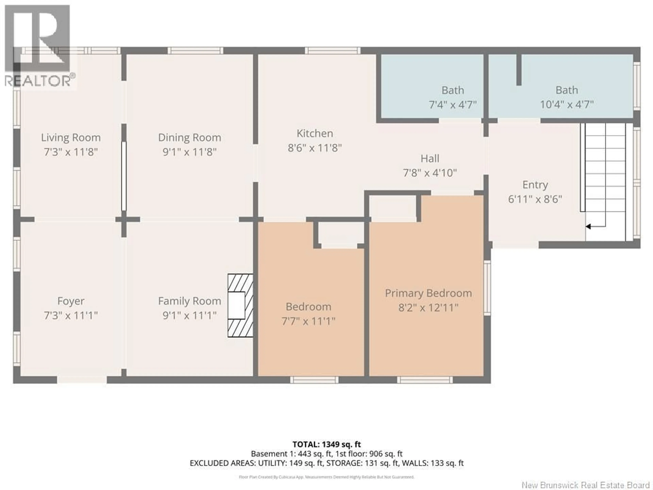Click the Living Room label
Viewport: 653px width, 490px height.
pyautogui.click(x=71, y=138)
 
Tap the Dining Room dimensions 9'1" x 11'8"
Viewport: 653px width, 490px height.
pyautogui.click(x=190, y=152)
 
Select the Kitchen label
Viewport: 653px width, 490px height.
pyautogui.click(x=315, y=134)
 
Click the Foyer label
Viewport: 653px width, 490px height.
pyautogui.click(x=71, y=301)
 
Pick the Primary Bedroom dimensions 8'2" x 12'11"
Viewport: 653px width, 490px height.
pyautogui.click(x=428, y=308)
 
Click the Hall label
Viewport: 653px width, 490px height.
pyautogui.click(x=430, y=159)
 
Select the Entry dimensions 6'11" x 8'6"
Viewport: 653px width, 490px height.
pyautogui.click(x=535, y=199)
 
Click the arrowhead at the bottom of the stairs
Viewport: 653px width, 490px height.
pyautogui.click(x=588, y=227)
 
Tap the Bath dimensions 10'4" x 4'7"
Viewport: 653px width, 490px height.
pyautogui.click(x=566, y=105)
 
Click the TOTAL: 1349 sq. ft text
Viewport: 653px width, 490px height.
pyautogui.click(x=326, y=444)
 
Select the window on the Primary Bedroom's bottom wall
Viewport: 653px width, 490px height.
pyautogui.click(x=424, y=380)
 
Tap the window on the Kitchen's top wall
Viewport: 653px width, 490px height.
pyautogui.click(x=332, y=51)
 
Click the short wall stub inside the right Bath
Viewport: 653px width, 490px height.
pyautogui.click(x=519, y=70)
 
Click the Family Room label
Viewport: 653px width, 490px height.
pyautogui.click(x=190, y=301)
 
